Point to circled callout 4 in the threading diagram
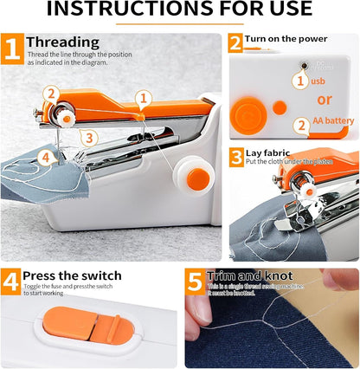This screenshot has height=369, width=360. coord(45,158)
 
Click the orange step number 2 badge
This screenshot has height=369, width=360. coord(235,43)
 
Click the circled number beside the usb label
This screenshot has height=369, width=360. coord(299,81)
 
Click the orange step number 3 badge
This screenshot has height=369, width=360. coord(235,157)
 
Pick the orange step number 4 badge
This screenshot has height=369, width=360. coord(11,282)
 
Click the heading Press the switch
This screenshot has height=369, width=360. coord(72,276)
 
